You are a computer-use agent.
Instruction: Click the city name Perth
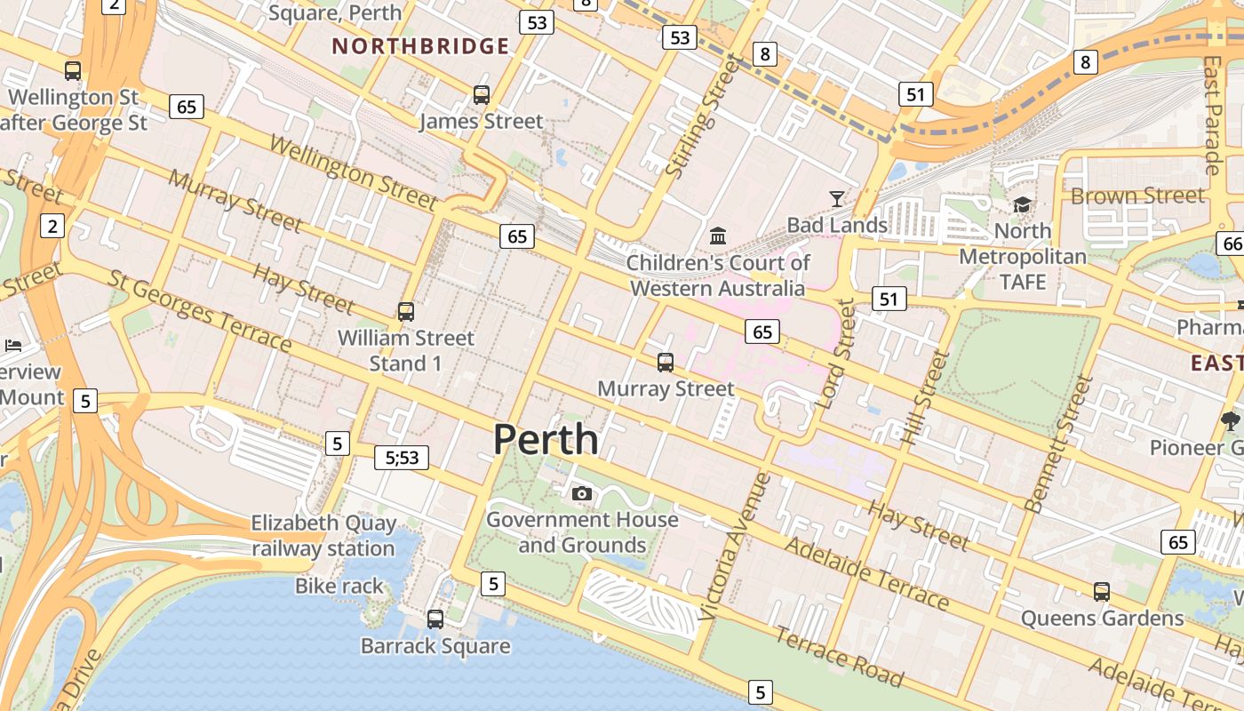tap(546, 439)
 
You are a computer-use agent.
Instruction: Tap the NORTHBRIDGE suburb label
tap(420, 46)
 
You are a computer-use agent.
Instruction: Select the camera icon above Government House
tap(582, 493)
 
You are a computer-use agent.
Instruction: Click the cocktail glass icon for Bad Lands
tap(836, 198)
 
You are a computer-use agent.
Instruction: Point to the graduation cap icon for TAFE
tap(1022, 205)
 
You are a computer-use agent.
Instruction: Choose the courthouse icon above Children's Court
tap(718, 236)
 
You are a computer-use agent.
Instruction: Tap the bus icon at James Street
tap(481, 95)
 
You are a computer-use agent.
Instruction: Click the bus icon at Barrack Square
tap(435, 619)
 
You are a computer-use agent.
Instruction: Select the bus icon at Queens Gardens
tap(1102, 592)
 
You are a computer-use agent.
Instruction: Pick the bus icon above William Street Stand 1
tap(405, 312)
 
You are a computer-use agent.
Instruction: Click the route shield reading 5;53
tap(402, 458)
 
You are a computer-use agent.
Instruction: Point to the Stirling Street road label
tap(702, 116)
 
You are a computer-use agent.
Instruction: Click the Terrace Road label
tap(838, 657)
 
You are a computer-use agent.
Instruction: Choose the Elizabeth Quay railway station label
tap(323, 536)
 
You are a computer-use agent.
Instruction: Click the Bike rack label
tap(339, 586)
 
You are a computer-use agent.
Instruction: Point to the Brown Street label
tap(1137, 196)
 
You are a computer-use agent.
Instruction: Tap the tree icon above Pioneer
tap(1230, 420)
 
